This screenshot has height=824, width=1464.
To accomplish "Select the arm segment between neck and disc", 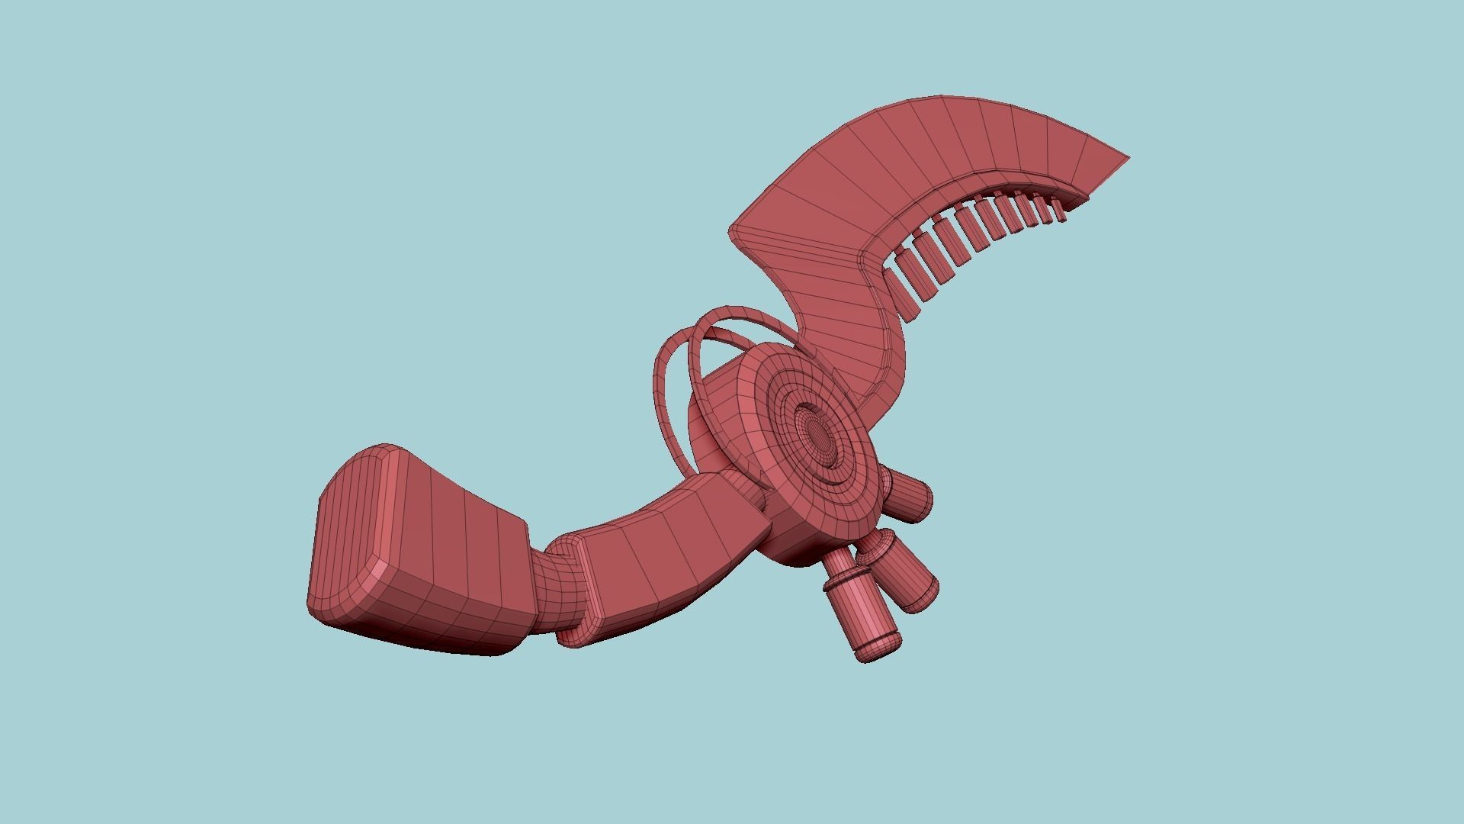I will [663, 565].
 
